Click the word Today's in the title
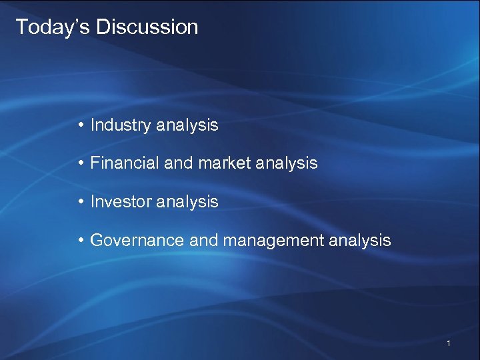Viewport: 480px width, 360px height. [x=53, y=27]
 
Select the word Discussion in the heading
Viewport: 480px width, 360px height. [x=147, y=27]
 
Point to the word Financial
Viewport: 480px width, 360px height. [x=125, y=163]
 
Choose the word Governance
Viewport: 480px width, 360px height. [x=137, y=240]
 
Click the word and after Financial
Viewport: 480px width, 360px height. [x=178, y=163]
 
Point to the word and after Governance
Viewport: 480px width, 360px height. [x=204, y=240]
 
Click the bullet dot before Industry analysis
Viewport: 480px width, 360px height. [x=80, y=125]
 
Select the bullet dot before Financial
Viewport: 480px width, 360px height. [x=80, y=163]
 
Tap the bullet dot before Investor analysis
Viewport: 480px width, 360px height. [x=80, y=201]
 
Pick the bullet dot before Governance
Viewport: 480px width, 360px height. [x=80, y=240]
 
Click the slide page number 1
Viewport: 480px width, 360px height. [x=449, y=343]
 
